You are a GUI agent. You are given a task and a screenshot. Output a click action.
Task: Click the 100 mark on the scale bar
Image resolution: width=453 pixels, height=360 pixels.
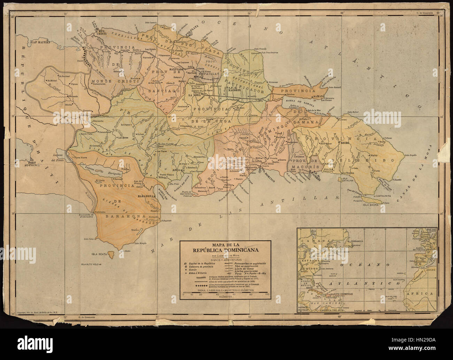267,295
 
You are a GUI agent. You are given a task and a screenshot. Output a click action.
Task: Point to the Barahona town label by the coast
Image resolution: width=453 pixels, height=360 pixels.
146,196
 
